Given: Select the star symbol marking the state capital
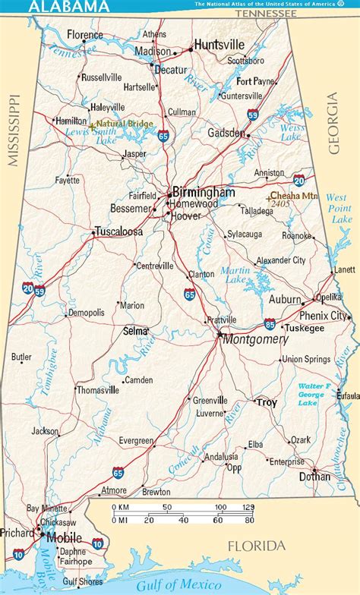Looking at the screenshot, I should tap(219, 335).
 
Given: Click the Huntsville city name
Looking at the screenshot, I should tap(221, 45).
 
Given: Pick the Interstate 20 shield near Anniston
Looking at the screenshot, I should tap(298, 180).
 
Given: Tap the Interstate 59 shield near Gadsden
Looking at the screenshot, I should tap(252, 115).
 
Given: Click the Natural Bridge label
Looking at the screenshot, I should tap(125, 124).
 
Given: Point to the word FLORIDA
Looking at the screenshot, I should tap(258, 546).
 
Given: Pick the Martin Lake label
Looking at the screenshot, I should tap(235, 276).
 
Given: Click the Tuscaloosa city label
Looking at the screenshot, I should tap(118, 232).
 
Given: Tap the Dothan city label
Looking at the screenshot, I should tap(315, 477).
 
